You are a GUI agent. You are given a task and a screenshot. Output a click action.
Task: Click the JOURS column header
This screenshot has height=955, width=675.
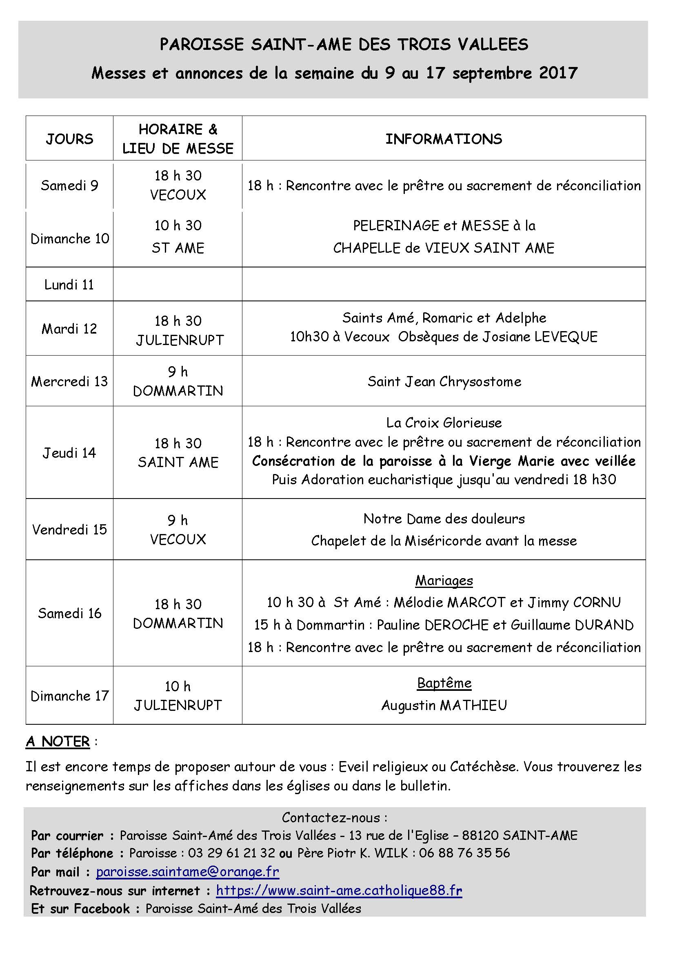(69, 139)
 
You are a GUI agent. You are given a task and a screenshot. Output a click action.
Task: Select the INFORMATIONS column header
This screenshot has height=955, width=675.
(444, 139)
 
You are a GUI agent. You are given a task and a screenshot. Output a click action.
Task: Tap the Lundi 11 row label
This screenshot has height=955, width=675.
(69, 285)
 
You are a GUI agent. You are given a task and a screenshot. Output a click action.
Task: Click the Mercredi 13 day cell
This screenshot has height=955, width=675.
(69, 381)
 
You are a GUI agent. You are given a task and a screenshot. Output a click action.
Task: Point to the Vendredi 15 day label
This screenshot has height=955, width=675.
(69, 530)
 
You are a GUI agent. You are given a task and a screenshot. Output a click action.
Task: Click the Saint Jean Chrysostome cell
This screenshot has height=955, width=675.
(444, 381)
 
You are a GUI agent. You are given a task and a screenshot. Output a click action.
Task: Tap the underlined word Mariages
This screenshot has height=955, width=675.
(444, 580)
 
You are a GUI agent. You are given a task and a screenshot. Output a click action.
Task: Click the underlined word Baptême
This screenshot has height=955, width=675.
(444, 683)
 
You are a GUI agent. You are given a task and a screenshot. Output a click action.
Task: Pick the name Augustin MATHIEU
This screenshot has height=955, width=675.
(444, 705)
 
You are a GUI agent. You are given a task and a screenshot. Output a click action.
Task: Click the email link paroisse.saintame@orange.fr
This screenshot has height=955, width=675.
(187, 871)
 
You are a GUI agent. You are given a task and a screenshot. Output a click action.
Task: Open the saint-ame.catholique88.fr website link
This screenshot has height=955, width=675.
(339, 890)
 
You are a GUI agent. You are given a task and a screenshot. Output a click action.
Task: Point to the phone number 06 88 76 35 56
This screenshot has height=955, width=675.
(464, 853)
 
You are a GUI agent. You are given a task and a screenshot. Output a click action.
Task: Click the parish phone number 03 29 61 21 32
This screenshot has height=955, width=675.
(231, 853)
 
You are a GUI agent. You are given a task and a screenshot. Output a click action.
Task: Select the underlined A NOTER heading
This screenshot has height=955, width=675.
(58, 741)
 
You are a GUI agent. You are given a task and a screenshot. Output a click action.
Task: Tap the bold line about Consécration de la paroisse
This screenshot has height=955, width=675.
(444, 461)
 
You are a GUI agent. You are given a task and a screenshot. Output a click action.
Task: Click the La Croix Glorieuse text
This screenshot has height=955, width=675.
(444, 423)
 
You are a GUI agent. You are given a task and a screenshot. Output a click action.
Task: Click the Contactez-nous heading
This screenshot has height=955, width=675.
(335, 817)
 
